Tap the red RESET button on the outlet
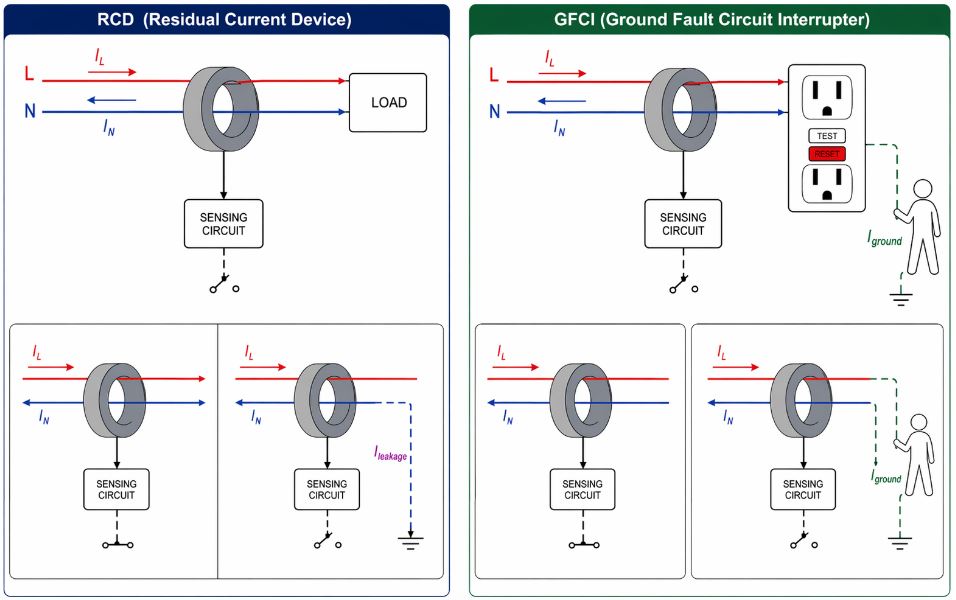click(827, 154)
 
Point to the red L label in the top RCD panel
click(30, 75)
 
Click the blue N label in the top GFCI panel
click(494, 112)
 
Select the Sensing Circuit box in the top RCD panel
click(223, 224)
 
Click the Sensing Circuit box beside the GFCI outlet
click(683, 224)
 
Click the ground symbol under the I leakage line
click(410, 543)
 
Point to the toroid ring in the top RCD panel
click(222, 103)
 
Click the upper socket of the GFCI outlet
click(827, 99)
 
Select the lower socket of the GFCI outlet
click(827, 185)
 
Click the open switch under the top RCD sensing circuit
click(223, 286)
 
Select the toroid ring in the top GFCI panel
click(681, 103)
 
